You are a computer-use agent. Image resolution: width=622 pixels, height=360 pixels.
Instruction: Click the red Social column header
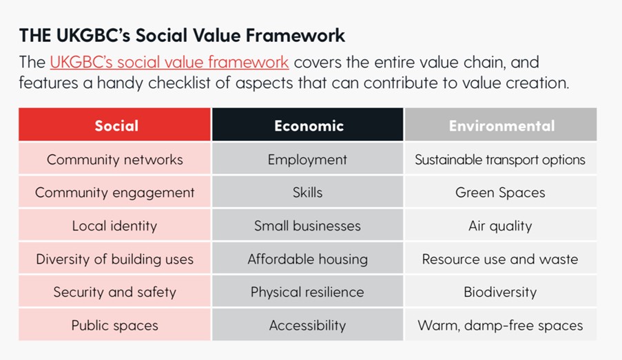pos(114,125)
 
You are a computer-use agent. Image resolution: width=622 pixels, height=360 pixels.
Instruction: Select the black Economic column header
pos(308,125)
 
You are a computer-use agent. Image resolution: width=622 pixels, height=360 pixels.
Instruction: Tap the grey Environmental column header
pos(501,125)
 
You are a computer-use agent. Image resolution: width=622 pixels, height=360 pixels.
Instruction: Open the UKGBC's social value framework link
pos(169,63)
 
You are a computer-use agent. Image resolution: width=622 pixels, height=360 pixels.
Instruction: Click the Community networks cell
pos(114,158)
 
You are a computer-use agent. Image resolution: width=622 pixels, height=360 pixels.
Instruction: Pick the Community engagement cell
pos(114,192)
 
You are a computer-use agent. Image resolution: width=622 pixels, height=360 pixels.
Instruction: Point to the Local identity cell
pos(114,225)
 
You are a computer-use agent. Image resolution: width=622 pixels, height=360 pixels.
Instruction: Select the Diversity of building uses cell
pos(114,259)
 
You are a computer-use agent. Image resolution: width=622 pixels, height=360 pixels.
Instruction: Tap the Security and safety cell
pos(114,291)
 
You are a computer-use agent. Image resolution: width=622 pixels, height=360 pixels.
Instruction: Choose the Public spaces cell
pos(114,325)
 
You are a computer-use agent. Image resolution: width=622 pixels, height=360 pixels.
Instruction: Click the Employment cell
pos(308,158)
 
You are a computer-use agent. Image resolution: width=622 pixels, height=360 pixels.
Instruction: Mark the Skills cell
pos(308,192)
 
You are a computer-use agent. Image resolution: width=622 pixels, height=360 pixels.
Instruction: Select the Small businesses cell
pos(308,225)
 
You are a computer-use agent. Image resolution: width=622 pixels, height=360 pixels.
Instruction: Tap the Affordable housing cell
pos(308,259)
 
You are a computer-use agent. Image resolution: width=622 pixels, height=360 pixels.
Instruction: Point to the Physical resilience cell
pos(308,291)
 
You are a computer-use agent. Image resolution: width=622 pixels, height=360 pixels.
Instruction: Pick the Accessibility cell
pos(308,325)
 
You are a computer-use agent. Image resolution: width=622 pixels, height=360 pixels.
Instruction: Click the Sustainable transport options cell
pos(501,158)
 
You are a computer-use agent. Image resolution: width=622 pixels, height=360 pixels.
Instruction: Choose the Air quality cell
pos(501,225)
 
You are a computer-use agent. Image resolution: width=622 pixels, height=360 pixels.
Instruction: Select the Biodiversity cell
pos(501,291)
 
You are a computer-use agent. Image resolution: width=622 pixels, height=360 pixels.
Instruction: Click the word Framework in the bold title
pos(295,35)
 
